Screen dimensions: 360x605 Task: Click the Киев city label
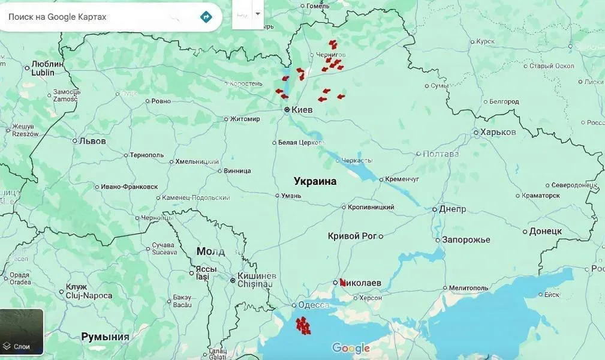tap(302, 110)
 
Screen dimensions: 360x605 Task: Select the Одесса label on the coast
tap(313, 304)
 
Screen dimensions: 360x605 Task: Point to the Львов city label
tap(92, 141)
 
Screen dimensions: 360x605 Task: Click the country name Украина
tap(315, 181)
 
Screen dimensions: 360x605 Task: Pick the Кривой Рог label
tap(353, 236)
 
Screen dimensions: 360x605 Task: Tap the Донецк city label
tap(545, 231)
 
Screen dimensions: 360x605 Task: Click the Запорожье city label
tap(466, 239)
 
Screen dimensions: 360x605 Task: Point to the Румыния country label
tap(105, 337)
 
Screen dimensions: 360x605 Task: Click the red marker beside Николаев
tap(342, 281)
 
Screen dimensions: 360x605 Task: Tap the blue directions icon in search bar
tap(206, 17)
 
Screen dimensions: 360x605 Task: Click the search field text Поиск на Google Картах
tap(57, 17)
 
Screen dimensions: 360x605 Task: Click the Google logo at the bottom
tap(350, 348)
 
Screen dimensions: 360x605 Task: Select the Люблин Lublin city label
tap(47, 68)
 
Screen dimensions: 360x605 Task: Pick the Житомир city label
tap(245, 119)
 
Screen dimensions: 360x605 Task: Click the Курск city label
tap(485, 41)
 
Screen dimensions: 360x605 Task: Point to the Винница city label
tap(237, 170)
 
